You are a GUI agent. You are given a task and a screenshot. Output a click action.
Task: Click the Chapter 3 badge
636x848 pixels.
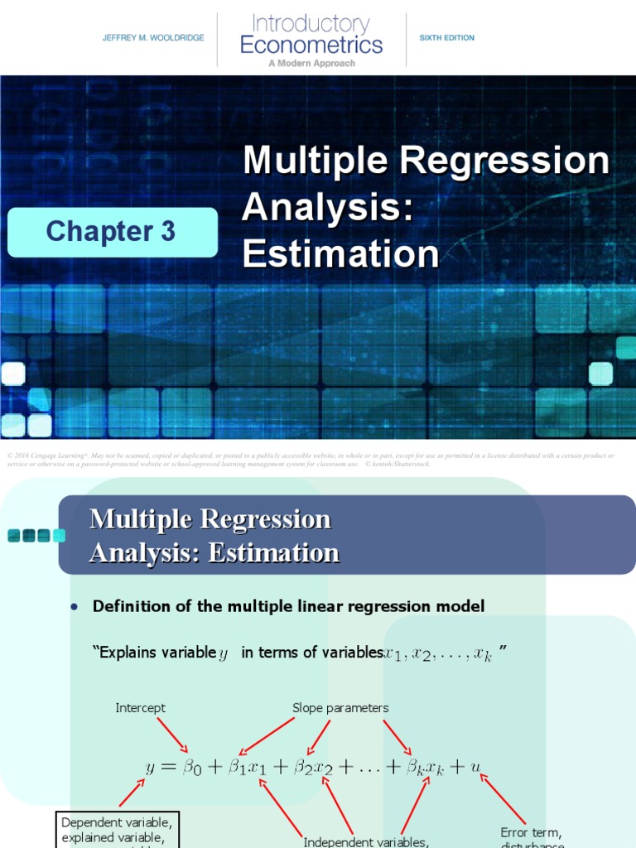(112, 232)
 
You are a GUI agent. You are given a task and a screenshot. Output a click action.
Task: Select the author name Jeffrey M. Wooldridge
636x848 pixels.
(153, 38)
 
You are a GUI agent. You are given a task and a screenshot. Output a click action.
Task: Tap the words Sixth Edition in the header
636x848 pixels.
(447, 38)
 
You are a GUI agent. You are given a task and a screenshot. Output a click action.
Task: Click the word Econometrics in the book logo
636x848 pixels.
(311, 45)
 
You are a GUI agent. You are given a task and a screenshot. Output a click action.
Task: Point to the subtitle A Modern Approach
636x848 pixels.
(311, 63)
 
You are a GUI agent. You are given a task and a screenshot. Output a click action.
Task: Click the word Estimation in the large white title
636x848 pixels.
(340, 254)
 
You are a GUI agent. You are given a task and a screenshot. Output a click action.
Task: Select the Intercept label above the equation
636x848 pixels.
(140, 708)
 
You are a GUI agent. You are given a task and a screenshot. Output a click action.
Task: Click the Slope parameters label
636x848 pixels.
(340, 708)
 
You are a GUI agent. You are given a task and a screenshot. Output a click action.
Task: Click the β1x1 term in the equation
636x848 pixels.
(248, 768)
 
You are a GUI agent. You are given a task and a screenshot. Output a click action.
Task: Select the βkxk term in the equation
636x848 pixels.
(424, 768)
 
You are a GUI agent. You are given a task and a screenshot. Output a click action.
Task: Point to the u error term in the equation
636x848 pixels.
(475, 767)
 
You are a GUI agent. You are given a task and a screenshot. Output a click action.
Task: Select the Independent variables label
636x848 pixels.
(365, 842)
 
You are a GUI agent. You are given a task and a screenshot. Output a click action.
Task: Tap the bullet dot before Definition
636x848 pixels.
(75, 607)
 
